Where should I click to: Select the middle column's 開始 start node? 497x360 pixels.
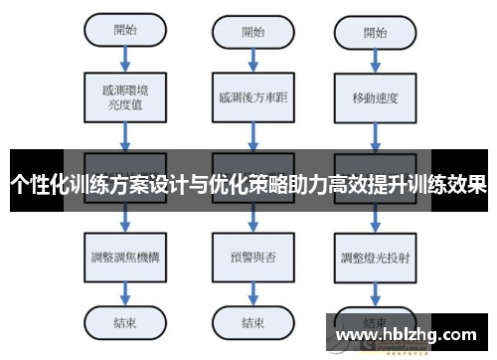pyautogui.click(x=253, y=29)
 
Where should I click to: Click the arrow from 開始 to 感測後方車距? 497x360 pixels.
pyautogui.click(x=253, y=59)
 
